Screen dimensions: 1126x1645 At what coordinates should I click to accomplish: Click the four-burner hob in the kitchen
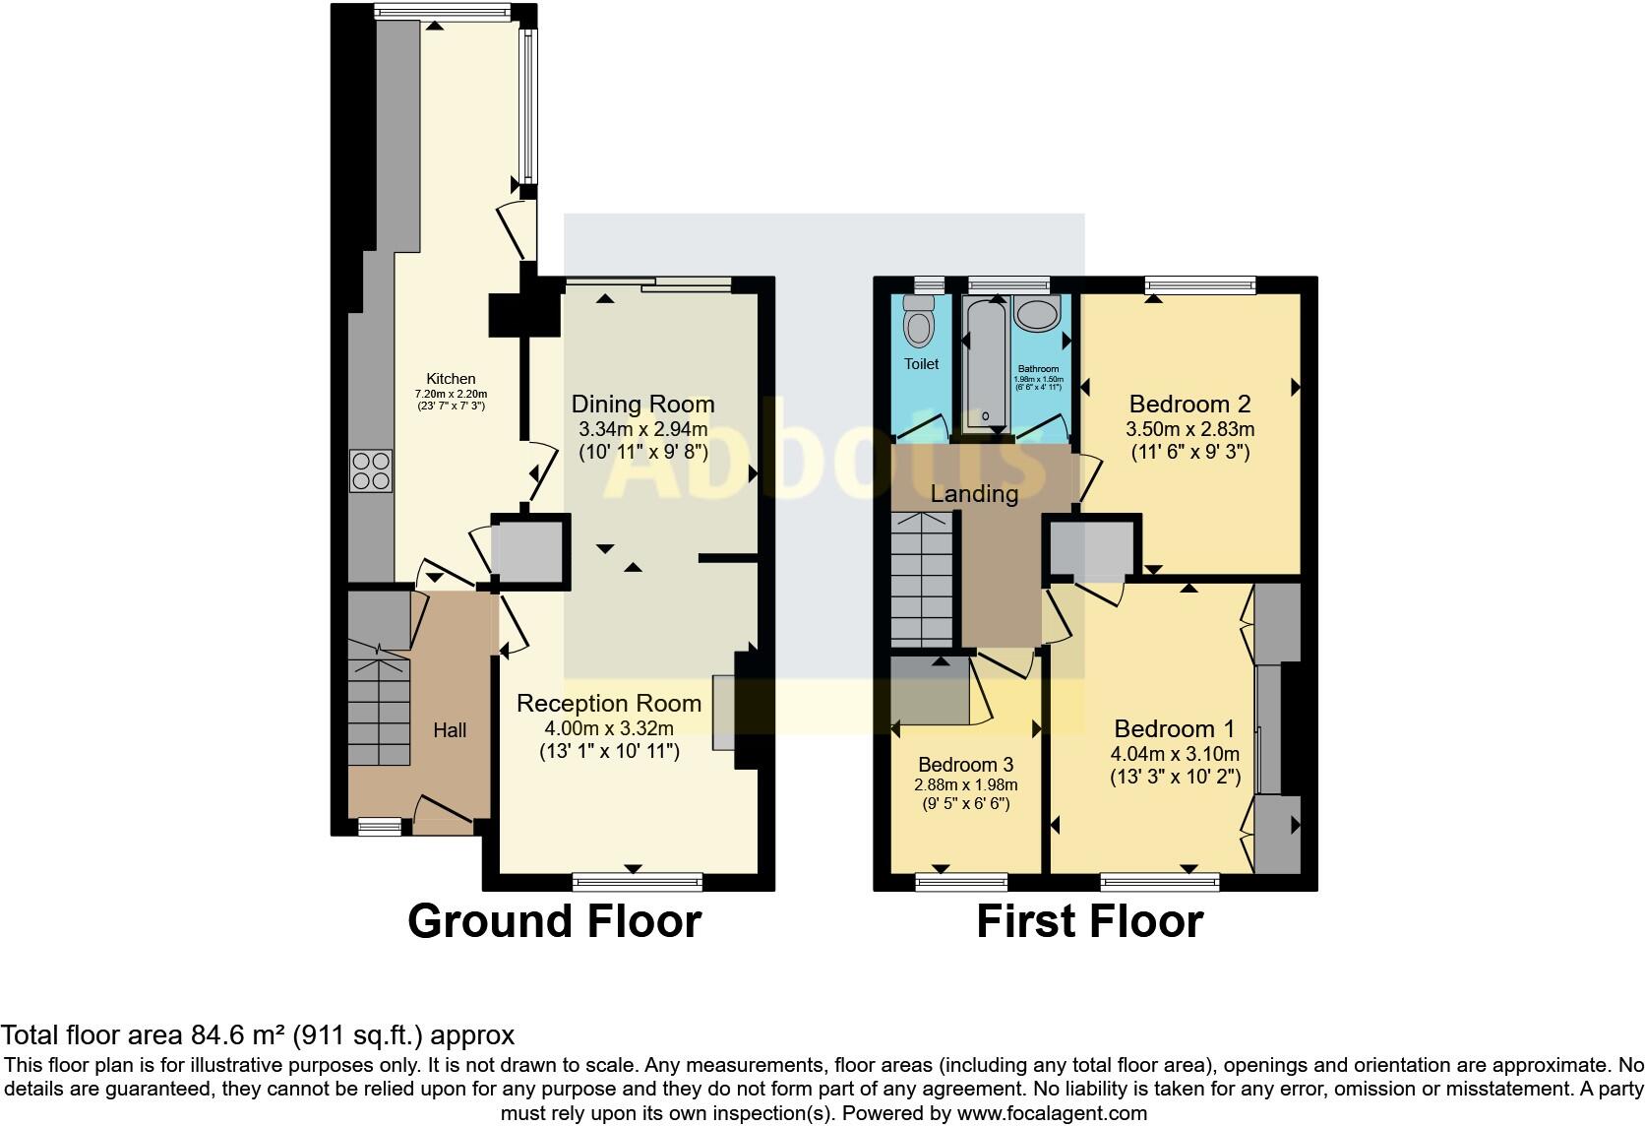[x=371, y=469]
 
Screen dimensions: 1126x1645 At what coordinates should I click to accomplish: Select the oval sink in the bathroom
[x=1036, y=314]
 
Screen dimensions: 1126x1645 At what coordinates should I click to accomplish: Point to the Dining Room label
[x=642, y=404]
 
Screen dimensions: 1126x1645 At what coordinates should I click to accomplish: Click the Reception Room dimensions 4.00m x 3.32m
[x=609, y=728]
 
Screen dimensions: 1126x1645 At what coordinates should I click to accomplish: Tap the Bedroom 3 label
[x=965, y=765]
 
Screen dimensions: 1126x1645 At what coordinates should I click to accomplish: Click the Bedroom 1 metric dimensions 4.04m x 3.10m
[x=1175, y=754]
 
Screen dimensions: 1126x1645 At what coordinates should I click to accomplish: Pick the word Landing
[x=974, y=493]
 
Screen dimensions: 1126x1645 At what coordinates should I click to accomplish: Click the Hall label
[x=450, y=729]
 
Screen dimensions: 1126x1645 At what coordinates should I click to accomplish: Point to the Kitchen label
[x=451, y=378]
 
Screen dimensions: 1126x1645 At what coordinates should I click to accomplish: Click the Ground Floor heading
[x=554, y=921]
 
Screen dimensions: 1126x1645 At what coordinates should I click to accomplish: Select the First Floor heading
[x=1089, y=921]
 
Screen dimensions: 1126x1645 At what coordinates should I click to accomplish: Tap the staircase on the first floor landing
[x=922, y=581]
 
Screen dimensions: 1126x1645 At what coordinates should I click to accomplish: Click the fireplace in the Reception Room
[x=723, y=712]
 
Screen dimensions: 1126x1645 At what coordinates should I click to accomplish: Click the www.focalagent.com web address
[x=1051, y=1113]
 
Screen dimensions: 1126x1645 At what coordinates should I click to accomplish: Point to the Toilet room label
[x=921, y=363]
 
